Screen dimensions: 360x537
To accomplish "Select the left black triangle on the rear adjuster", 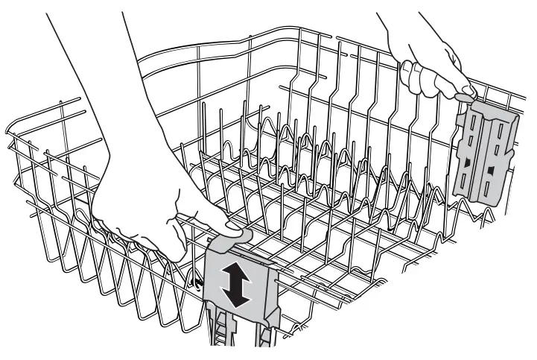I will click(467, 162).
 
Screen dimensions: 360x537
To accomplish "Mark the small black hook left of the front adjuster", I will click(197, 282).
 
